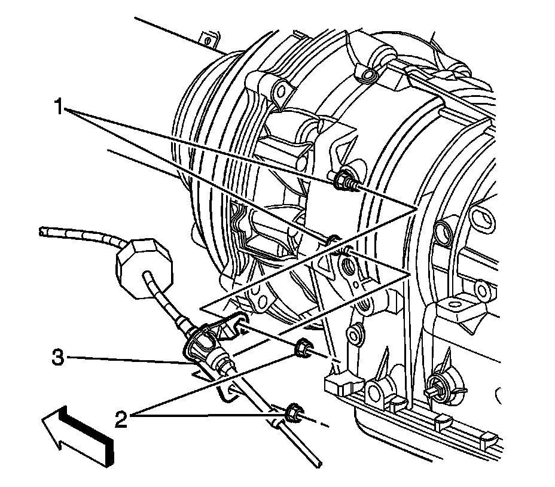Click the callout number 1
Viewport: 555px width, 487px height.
pyautogui.click(x=59, y=108)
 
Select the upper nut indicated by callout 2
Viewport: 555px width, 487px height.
pyautogui.click(x=302, y=346)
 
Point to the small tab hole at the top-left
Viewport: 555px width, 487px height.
pyautogui.click(x=208, y=41)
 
